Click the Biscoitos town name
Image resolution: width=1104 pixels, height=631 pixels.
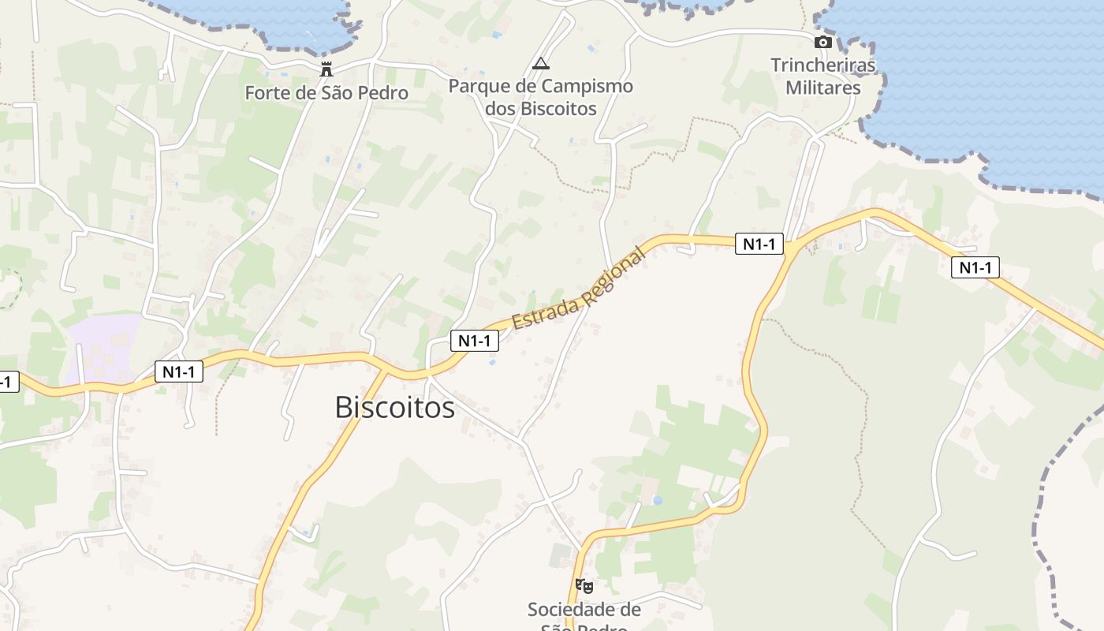tap(394, 407)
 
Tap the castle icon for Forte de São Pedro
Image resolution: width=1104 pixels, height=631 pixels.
tap(326, 69)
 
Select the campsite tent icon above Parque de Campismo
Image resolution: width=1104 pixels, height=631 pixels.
tap(540, 64)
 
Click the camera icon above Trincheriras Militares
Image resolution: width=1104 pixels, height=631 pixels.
tap(822, 42)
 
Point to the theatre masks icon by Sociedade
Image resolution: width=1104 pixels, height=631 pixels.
tap(584, 585)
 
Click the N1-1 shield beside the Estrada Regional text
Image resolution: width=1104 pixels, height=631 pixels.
tap(475, 341)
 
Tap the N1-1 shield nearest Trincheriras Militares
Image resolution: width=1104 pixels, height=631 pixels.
tap(759, 244)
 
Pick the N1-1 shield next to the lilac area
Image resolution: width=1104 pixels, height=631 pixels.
tap(179, 371)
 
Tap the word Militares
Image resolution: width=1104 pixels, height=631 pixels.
tap(822, 88)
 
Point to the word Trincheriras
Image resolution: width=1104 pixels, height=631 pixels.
tap(822, 65)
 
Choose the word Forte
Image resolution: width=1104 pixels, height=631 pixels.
tap(266, 93)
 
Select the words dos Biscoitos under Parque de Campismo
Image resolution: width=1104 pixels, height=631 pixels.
tap(540, 108)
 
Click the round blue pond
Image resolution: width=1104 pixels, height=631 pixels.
tap(657, 500)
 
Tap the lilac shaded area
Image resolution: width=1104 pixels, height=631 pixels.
tap(106, 347)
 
